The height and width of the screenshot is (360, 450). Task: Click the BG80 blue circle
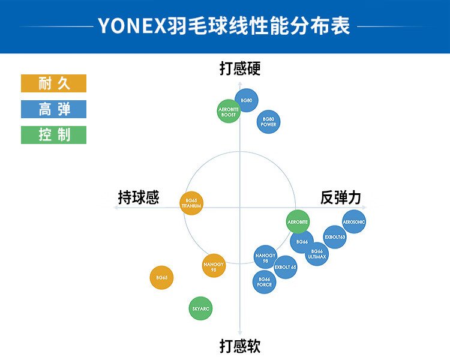coord(246,100)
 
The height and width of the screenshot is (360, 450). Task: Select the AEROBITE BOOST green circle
coord(229,111)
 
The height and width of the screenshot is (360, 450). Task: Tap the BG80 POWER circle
coord(268,122)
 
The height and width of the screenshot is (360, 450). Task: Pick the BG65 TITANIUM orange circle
coord(191,203)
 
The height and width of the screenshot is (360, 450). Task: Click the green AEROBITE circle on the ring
coord(298,222)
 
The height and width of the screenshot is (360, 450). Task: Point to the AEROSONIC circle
coord(354,222)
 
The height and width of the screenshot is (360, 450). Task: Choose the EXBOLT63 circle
coord(335,237)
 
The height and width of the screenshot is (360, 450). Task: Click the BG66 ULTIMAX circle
coord(317,254)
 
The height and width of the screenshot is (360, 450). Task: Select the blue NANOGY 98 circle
coord(265,257)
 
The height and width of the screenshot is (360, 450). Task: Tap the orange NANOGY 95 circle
coord(214,265)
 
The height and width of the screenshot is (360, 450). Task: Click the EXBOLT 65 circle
coord(285,267)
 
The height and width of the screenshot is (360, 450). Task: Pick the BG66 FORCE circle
coord(265,282)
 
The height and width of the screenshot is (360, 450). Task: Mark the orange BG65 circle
coord(161,278)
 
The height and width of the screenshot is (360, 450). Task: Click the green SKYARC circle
coord(200,309)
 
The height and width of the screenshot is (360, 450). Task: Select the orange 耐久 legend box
coord(54,83)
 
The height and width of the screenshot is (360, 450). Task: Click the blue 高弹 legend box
coord(54,109)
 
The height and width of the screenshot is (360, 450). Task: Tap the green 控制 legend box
coord(54,135)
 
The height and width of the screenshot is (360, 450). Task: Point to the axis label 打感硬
coord(240,69)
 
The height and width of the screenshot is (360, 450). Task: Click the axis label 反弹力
coord(341,198)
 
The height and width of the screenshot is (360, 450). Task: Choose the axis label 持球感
coord(139,198)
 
